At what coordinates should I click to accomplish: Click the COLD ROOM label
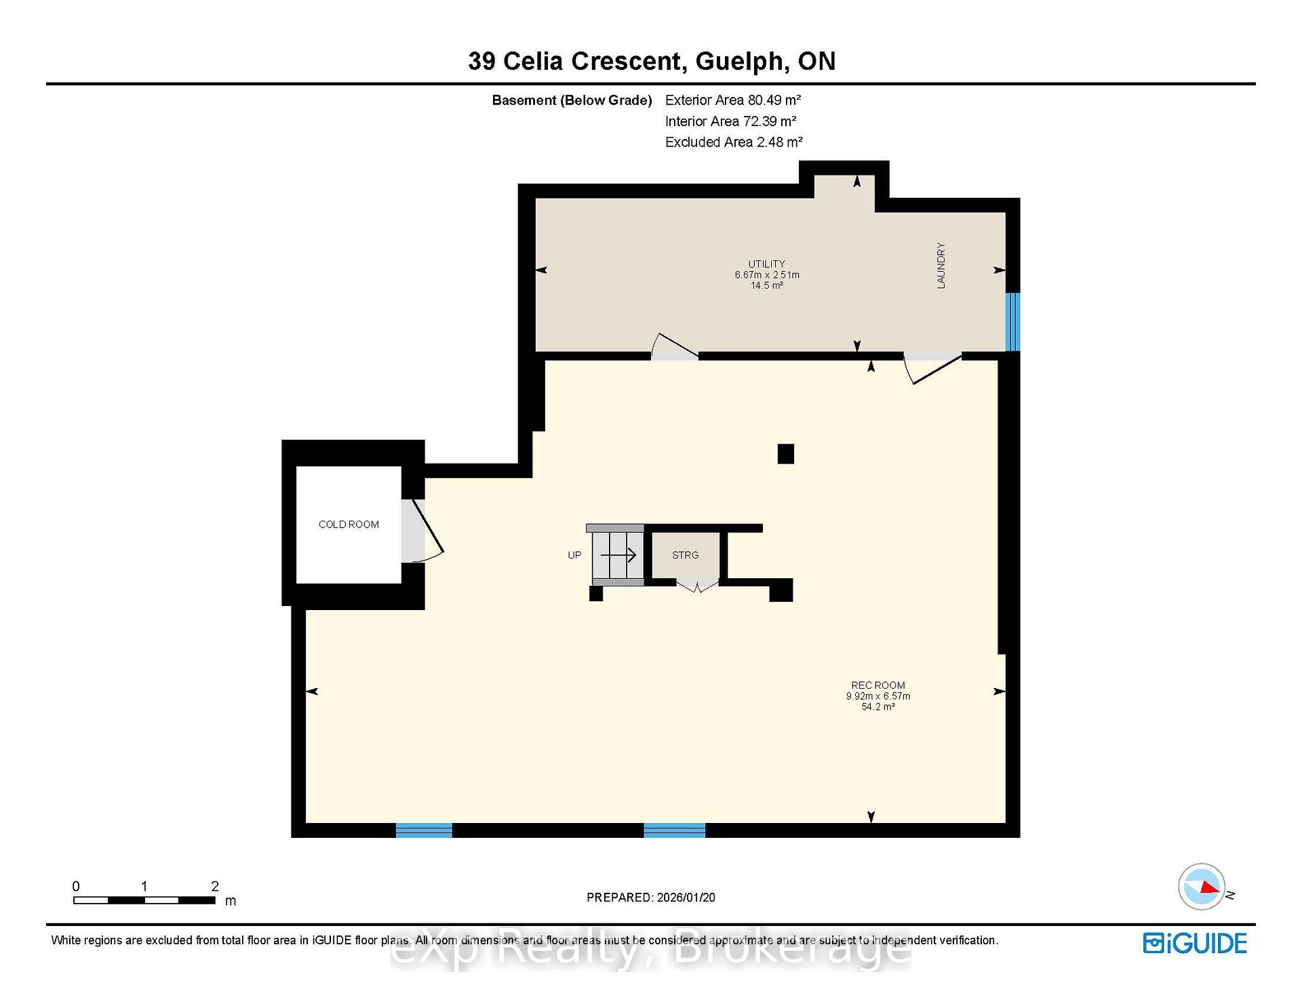(349, 525)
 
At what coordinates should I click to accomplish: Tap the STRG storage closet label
(685, 555)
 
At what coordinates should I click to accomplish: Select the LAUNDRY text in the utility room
(941, 266)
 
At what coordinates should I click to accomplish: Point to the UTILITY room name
(767, 264)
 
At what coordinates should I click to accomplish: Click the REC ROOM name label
(878, 685)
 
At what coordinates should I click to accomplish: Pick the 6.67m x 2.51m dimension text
(767, 275)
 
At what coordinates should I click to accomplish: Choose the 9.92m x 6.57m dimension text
(878, 696)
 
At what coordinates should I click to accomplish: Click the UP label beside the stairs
(574, 555)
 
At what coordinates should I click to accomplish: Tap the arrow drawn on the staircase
(618, 555)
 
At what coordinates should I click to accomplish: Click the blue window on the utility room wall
(1012, 322)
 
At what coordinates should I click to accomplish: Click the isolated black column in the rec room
(786, 454)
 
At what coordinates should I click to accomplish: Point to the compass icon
(1202, 886)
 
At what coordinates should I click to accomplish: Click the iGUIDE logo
(1195, 944)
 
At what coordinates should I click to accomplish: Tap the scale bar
(144, 900)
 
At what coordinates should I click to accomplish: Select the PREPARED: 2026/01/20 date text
(651, 898)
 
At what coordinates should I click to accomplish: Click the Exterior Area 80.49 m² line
(733, 100)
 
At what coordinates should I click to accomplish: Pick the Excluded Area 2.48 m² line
(734, 142)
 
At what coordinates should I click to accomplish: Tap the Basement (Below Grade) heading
(572, 100)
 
